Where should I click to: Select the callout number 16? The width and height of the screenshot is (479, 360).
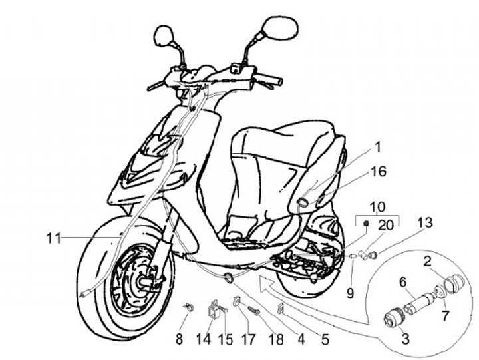(x=378, y=172)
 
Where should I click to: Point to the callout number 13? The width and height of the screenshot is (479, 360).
(x=425, y=221)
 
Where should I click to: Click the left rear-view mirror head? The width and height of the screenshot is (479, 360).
(x=163, y=35)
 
